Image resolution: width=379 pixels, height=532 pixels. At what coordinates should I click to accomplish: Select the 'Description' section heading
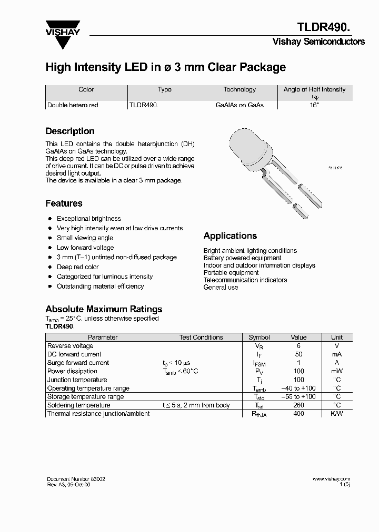click(70, 131)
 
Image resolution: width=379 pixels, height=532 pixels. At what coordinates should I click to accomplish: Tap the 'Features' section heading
click(64, 203)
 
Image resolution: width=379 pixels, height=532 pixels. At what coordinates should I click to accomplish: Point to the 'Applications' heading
click(230, 236)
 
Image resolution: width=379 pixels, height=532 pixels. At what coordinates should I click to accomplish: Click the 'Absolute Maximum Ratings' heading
click(104, 309)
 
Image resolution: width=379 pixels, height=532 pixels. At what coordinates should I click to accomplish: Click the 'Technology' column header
click(240, 90)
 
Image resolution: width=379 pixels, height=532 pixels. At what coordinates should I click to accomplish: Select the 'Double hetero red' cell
click(73, 105)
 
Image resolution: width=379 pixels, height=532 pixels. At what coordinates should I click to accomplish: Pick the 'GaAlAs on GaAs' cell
click(240, 105)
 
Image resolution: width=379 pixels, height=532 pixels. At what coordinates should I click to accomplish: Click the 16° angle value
click(314, 105)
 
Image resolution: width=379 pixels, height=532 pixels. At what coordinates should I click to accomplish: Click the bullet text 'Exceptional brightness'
click(88, 219)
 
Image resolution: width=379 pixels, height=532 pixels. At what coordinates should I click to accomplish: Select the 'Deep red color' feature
click(77, 267)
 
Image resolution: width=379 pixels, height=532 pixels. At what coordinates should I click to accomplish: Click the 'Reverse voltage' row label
click(70, 346)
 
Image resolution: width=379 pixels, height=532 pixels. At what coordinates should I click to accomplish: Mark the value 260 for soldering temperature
click(298, 405)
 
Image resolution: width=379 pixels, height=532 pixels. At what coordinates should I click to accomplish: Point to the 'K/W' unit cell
click(336, 414)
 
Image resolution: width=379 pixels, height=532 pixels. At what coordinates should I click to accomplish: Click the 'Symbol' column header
click(259, 337)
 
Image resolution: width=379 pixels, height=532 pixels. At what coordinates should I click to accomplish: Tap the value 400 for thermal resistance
click(298, 414)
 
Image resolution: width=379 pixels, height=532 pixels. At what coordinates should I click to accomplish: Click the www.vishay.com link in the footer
click(331, 479)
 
